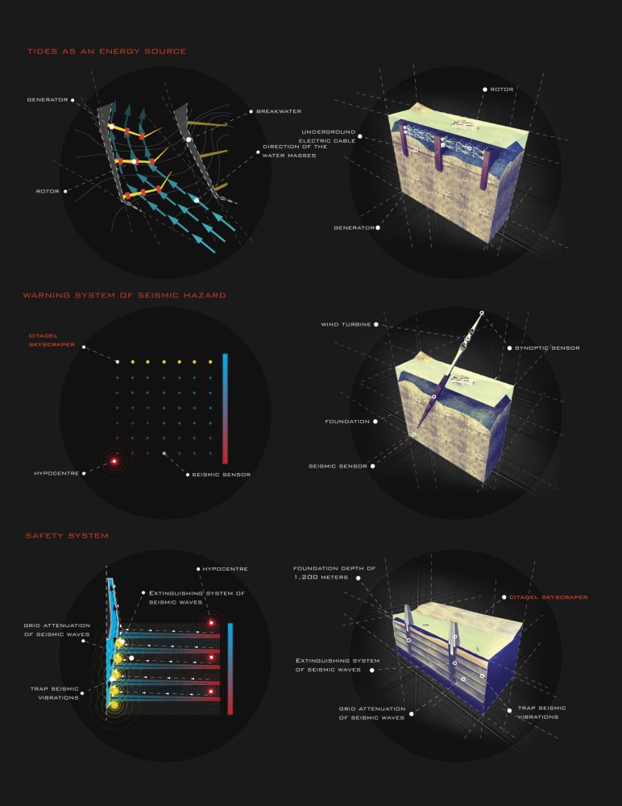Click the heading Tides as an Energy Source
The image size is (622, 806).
click(x=106, y=52)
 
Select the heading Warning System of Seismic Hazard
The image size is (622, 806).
click(x=124, y=295)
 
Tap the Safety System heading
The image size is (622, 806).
click(x=67, y=536)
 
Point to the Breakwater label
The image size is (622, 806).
click(x=279, y=111)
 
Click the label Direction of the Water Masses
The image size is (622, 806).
click(x=289, y=151)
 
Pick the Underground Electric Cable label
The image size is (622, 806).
click(x=328, y=136)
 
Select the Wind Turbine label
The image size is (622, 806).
click(x=346, y=324)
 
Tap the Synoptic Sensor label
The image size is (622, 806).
click(x=547, y=348)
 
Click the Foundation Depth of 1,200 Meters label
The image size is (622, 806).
click(x=334, y=572)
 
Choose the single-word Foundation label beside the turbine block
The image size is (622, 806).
click(x=347, y=422)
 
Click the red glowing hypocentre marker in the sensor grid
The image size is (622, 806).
click(x=114, y=462)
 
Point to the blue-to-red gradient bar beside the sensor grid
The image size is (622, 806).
click(x=225, y=409)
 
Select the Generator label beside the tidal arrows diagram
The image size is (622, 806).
click(x=48, y=100)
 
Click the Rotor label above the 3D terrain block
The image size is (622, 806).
click(x=501, y=89)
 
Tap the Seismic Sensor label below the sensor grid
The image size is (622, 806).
click(x=221, y=475)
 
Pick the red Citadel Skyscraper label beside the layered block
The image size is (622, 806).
click(x=548, y=597)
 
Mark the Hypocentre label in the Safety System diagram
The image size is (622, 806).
click(x=225, y=569)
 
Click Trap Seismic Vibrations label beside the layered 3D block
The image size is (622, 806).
click(x=541, y=713)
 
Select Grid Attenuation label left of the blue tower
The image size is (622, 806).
click(x=56, y=629)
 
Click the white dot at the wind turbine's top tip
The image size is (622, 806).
click(x=482, y=313)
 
